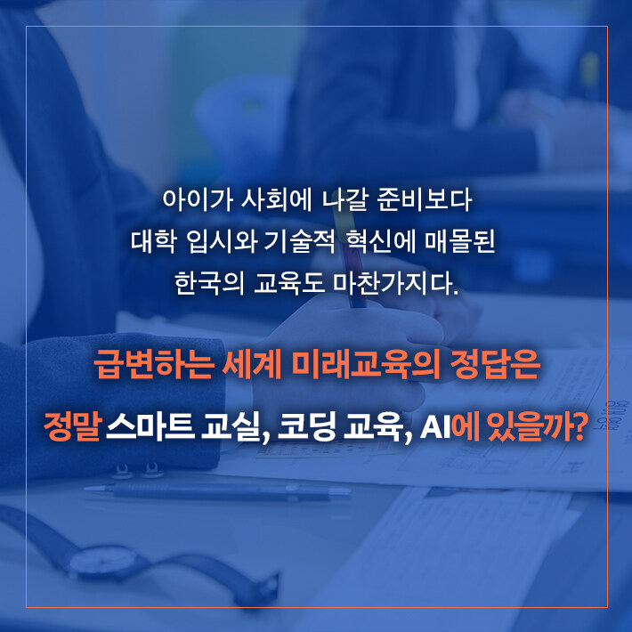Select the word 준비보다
click(x=425, y=199)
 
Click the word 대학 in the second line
click(x=154, y=241)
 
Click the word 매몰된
click(x=460, y=241)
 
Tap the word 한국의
click(x=209, y=283)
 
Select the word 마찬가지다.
click(x=396, y=283)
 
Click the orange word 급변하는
click(x=153, y=365)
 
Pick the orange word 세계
click(x=252, y=365)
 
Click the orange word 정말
click(x=72, y=426)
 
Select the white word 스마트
click(x=150, y=426)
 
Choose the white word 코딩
click(x=307, y=426)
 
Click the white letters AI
click(x=435, y=427)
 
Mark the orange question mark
click(x=579, y=427)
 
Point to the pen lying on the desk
click(x=218, y=491)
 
